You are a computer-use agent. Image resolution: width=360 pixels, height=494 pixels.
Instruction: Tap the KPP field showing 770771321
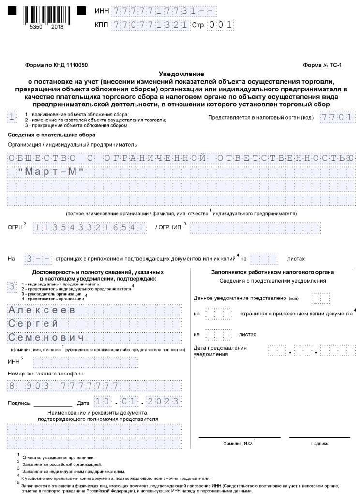[150, 25]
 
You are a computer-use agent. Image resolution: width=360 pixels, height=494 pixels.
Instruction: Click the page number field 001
[221, 25]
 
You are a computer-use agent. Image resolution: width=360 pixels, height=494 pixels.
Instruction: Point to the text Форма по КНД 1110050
[56, 65]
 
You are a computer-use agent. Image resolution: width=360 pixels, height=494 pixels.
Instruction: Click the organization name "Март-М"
[51, 172]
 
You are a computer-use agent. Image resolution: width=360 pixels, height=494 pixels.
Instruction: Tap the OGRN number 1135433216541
[90, 227]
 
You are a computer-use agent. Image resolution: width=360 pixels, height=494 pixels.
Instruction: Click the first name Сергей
[33, 324]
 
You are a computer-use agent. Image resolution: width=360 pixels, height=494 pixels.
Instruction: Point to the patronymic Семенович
[46, 337]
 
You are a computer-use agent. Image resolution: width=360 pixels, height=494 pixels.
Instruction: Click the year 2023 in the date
[164, 401]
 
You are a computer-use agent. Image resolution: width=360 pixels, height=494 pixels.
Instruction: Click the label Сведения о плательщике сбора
[51, 135]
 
